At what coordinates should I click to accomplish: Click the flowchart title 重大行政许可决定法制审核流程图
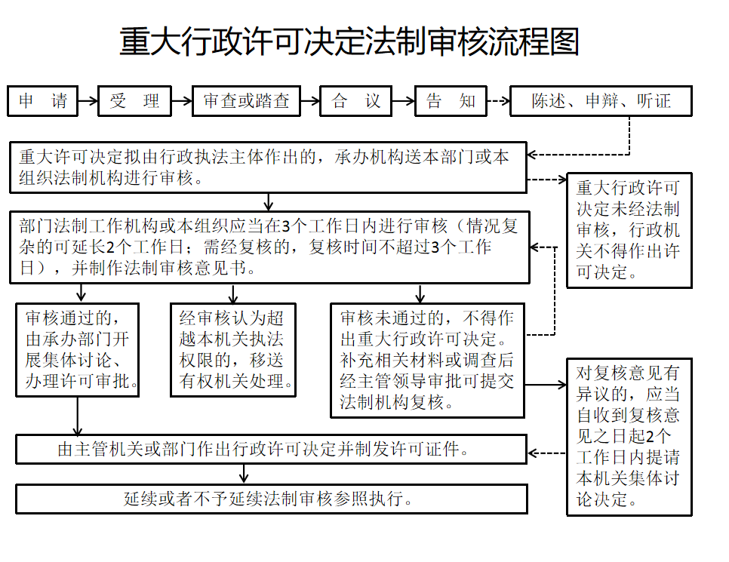click(x=349, y=41)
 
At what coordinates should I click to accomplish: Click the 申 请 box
click(x=43, y=101)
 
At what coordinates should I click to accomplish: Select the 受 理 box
click(x=135, y=101)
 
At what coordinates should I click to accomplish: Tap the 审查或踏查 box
click(x=247, y=101)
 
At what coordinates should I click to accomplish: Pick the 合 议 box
click(x=356, y=101)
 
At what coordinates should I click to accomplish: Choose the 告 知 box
click(x=451, y=101)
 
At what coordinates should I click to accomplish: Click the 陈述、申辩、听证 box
click(x=601, y=101)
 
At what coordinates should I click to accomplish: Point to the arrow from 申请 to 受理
click(x=88, y=101)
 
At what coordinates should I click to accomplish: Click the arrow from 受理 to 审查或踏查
click(x=182, y=101)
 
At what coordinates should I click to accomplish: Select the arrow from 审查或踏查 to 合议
click(x=310, y=101)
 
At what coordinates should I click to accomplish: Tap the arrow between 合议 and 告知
click(x=403, y=101)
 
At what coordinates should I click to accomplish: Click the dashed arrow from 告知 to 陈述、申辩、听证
click(x=498, y=101)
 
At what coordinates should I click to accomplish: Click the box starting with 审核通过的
click(x=78, y=350)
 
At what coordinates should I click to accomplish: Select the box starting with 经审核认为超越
click(x=233, y=350)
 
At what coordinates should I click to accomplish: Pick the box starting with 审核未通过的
click(x=427, y=361)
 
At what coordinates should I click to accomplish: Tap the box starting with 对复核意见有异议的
click(x=629, y=437)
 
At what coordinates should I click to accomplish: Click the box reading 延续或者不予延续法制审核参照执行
click(x=272, y=499)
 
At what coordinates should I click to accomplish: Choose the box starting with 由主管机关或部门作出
click(x=272, y=449)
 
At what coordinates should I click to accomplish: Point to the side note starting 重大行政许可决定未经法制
click(x=629, y=231)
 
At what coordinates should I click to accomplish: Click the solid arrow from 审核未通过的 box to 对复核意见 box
click(x=546, y=385)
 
